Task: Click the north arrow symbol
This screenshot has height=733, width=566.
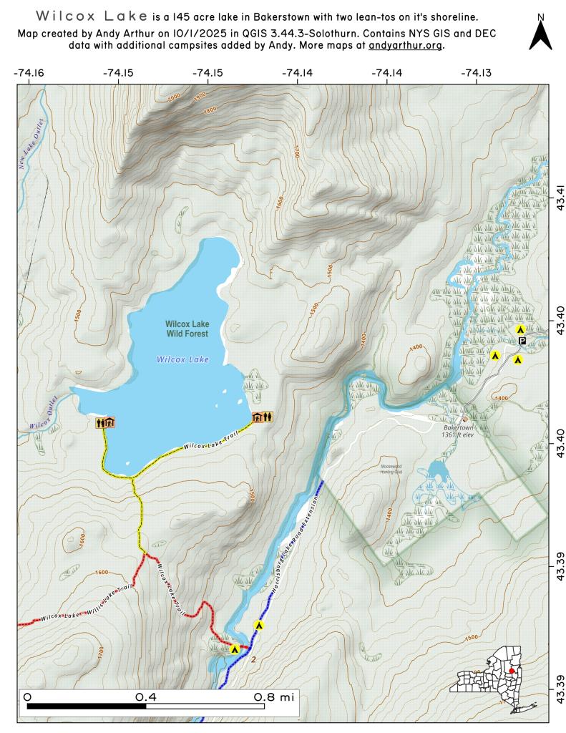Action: tap(540, 33)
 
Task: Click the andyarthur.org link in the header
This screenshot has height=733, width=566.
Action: tap(406, 45)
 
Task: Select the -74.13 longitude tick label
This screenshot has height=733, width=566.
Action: tap(476, 72)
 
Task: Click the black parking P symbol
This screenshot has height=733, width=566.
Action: tap(522, 341)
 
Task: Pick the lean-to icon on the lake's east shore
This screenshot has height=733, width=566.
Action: tap(261, 417)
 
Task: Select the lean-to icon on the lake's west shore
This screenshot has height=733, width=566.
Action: tap(105, 423)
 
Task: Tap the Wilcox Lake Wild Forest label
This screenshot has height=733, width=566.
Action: tap(186, 329)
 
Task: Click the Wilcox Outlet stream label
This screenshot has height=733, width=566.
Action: tap(43, 415)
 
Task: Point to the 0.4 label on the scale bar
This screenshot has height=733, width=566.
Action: tap(146, 696)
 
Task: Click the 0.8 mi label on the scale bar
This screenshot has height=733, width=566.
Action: tap(274, 696)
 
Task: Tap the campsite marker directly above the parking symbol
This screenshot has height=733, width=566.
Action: tap(521, 329)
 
